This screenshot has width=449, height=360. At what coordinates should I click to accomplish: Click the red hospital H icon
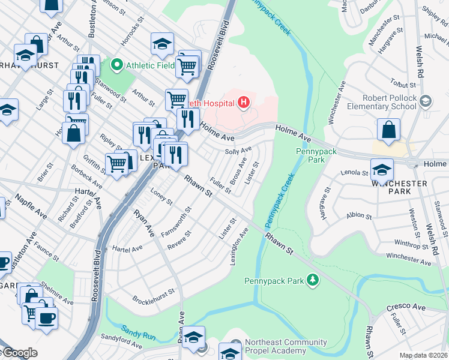click(244, 103)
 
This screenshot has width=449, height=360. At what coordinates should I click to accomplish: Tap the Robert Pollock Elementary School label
click(390, 102)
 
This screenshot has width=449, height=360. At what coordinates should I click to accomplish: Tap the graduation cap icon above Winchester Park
click(382, 170)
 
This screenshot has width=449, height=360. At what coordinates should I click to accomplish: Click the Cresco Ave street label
click(405, 307)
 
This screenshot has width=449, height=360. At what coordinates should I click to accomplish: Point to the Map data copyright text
click(424, 355)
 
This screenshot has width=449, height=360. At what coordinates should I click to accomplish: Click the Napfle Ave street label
click(31, 205)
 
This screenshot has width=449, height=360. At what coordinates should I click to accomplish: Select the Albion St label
click(360, 215)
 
